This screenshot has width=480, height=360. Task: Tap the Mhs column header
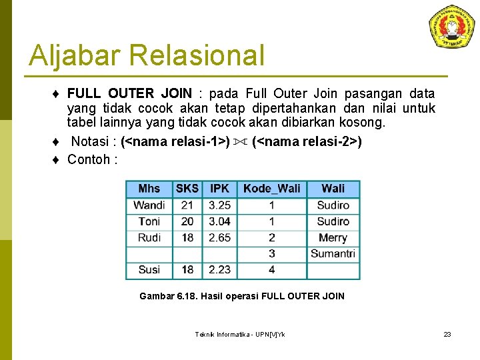[x=149, y=189]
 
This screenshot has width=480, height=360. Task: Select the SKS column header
[x=187, y=189]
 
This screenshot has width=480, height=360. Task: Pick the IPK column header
[x=219, y=189]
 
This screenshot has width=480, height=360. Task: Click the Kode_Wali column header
[x=271, y=189]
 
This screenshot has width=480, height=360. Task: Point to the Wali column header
[x=333, y=189]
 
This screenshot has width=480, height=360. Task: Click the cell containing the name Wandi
[x=149, y=205]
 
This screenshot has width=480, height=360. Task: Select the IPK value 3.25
[x=219, y=205]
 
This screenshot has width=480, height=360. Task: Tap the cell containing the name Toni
[x=149, y=221]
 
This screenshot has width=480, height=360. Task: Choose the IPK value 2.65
[x=219, y=237]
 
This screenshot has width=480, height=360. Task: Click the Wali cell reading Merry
[x=333, y=237]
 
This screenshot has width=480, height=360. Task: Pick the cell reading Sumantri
[x=333, y=253]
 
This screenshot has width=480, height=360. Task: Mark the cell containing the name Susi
[x=149, y=269]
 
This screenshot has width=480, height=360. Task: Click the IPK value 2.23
[x=219, y=269]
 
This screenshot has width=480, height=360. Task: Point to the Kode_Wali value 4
[x=271, y=269]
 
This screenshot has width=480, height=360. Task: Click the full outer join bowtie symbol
[x=241, y=142]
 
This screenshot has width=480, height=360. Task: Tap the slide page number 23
[x=447, y=334]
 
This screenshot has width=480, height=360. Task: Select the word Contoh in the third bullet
[x=89, y=159]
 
